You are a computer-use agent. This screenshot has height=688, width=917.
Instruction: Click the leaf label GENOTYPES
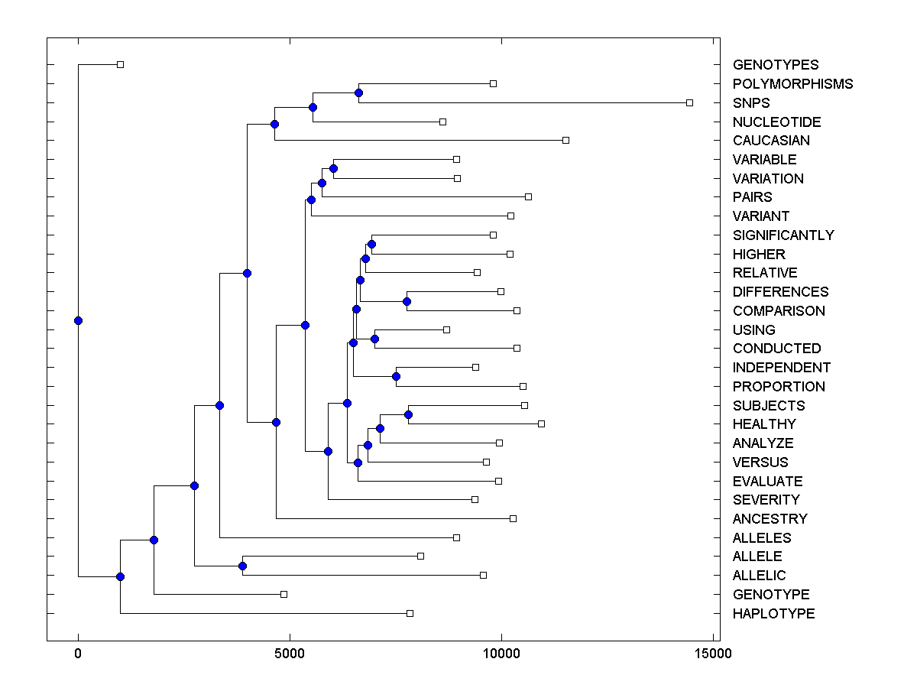point(775,65)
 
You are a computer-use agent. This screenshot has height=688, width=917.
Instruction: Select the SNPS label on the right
point(751,103)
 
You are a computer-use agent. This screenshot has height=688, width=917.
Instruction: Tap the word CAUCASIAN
point(771,141)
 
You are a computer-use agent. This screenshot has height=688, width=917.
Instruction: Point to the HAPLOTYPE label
point(773,614)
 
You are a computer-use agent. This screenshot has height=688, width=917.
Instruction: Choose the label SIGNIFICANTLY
point(783,235)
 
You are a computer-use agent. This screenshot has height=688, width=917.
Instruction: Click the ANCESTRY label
point(770,519)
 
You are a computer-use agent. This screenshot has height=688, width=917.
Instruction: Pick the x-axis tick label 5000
point(290,654)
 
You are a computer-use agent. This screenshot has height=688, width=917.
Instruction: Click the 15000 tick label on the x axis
point(714,654)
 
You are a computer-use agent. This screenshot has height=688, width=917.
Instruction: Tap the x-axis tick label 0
point(78,654)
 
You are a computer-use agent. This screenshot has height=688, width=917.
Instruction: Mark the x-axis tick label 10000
point(501,654)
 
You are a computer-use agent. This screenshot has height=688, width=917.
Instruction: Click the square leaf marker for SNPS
point(689,102)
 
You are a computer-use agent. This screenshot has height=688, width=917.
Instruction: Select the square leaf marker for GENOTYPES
point(120,64)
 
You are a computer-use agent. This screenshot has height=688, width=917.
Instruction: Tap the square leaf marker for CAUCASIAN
point(565,140)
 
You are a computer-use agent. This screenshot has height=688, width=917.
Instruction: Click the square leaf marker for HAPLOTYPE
point(410,613)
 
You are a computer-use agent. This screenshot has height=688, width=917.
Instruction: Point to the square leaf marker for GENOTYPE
point(284,594)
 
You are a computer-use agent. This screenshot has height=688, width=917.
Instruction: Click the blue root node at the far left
point(78,320)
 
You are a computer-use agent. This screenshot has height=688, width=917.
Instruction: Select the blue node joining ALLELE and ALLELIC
point(242,566)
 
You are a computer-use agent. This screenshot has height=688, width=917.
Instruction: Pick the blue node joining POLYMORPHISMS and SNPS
point(358,93)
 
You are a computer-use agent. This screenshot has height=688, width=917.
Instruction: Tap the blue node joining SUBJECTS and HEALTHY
point(408,414)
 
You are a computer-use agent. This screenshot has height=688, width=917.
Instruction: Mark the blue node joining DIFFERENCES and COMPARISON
point(407,301)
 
